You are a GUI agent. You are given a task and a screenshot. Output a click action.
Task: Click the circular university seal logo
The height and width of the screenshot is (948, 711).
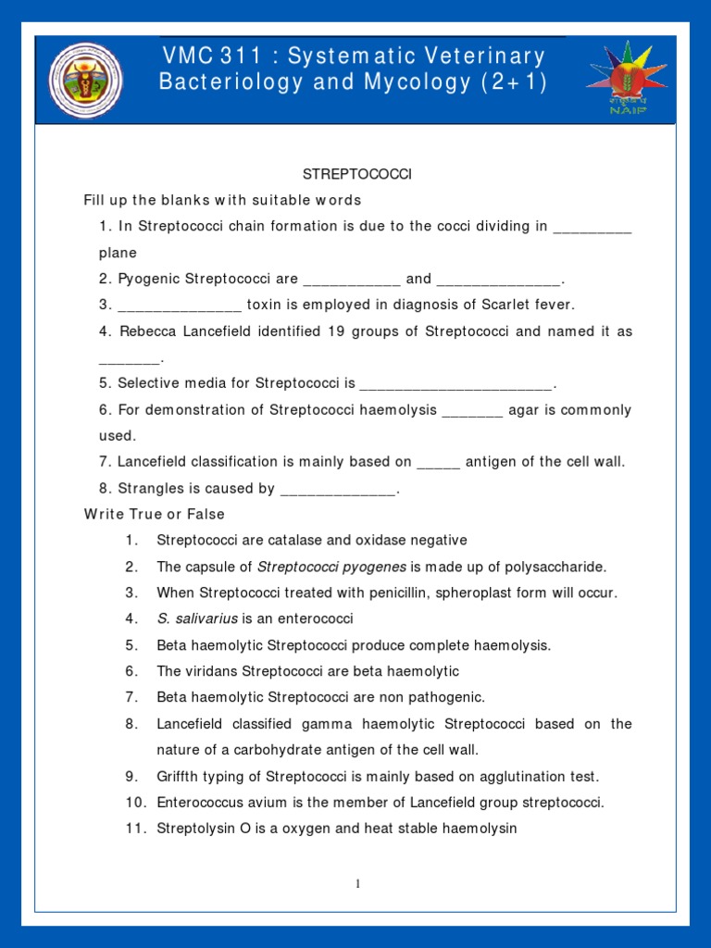[85, 80]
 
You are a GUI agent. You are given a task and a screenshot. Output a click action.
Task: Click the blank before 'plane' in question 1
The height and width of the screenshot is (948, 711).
[592, 227]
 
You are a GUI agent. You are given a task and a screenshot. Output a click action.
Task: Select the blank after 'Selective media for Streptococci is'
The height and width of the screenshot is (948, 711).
[455, 383]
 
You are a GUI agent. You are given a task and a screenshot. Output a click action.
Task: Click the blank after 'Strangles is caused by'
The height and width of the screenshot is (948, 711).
[337, 488]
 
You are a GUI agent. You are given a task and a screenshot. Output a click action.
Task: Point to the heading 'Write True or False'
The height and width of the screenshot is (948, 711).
[155, 514]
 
